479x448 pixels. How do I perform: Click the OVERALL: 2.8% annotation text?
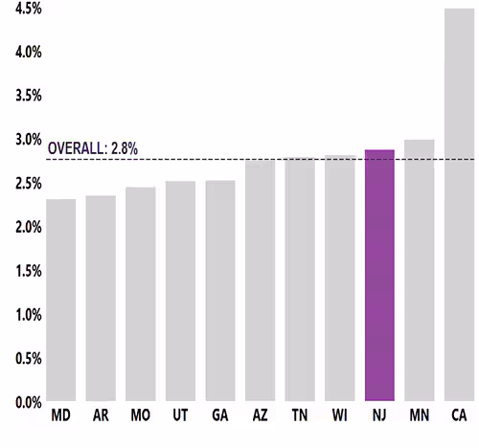point(93,148)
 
